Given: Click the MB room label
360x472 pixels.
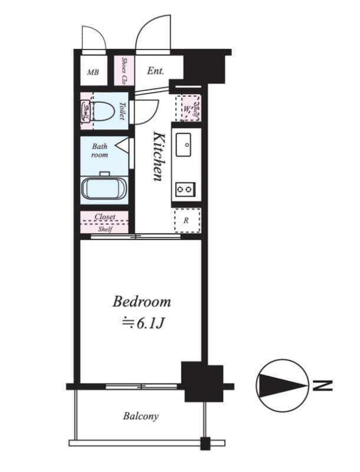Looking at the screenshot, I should click(93, 73).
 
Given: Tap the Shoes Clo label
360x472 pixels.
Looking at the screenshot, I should click(125, 70).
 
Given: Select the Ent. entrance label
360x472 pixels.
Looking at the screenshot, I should click(155, 71).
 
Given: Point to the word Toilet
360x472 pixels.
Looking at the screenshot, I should click(122, 111).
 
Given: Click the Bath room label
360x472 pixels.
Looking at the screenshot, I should click(99, 150).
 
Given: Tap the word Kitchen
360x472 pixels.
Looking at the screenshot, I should click(158, 156).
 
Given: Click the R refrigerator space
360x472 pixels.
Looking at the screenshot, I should click(187, 221).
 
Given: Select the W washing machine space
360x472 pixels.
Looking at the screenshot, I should click(188, 109).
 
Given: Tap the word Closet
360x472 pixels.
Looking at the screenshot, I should click(104, 217).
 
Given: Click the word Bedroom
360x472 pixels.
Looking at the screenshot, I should click(142, 302).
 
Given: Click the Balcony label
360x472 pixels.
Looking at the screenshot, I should click(140, 416).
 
